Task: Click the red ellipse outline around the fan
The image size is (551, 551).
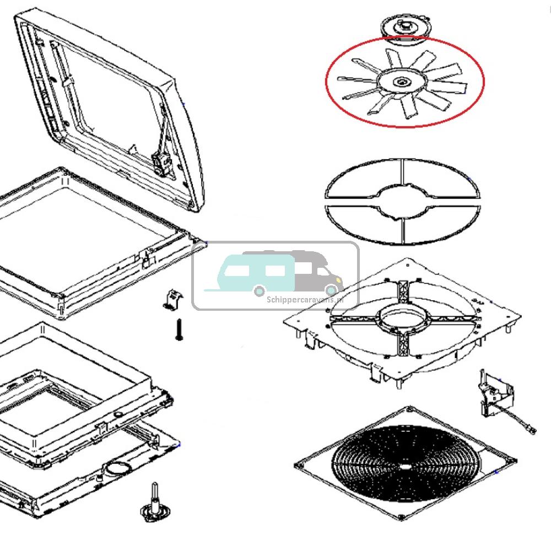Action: point(484,83)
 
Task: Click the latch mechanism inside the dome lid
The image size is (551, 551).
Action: point(161,161)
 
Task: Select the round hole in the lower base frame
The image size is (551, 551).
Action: point(117,469)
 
